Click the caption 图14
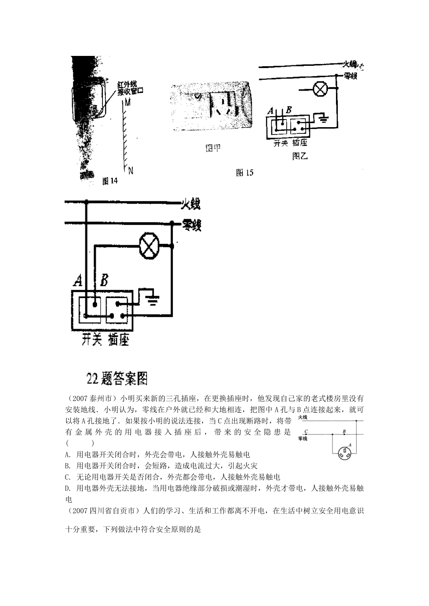point(110,181)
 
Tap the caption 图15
point(246,172)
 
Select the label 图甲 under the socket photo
point(213,148)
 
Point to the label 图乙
point(300,156)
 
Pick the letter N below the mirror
point(131,170)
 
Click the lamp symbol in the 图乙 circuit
point(321,89)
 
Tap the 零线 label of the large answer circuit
point(191,224)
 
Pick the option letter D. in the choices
point(68,488)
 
